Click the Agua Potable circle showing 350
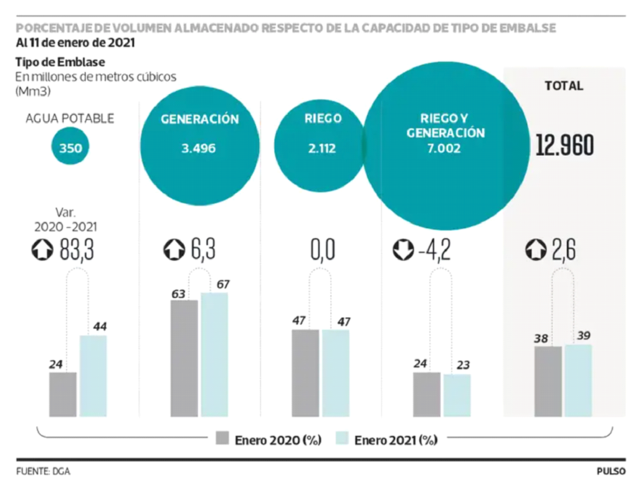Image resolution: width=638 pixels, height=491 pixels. (x=70, y=146)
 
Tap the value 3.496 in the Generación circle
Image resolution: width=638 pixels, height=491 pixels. (x=199, y=148)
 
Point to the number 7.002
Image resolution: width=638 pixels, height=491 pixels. (x=444, y=148)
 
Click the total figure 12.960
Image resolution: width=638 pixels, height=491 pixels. (x=564, y=145)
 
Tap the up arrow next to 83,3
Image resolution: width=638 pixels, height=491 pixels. (x=42, y=249)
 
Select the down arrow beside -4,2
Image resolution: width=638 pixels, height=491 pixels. (x=403, y=249)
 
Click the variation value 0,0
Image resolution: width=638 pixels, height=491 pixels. (x=323, y=249)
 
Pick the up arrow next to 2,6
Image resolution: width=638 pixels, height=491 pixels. (x=536, y=249)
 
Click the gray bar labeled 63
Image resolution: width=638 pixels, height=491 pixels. (x=184, y=358)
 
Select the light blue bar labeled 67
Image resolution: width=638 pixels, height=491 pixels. (x=214, y=355)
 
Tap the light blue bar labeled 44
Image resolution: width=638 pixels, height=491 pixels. (x=93, y=376)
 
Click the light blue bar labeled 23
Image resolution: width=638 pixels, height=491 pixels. (x=457, y=396)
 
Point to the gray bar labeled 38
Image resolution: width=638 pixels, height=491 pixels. (x=548, y=381)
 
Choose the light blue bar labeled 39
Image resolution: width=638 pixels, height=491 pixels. (x=578, y=381)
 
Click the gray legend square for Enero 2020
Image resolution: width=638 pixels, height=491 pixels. (x=222, y=437)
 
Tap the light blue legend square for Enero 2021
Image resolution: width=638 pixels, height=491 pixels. (x=342, y=437)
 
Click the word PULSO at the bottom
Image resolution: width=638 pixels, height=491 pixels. (x=611, y=472)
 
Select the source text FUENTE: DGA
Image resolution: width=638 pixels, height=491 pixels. (x=43, y=472)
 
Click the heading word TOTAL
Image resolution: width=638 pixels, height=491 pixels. (x=564, y=86)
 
